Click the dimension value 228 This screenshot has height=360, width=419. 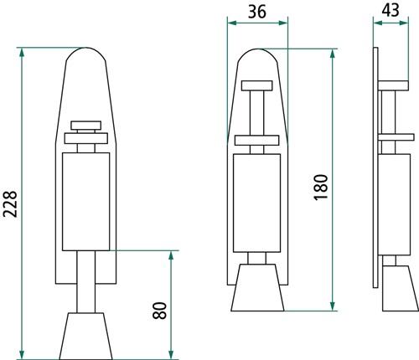pos(10,204)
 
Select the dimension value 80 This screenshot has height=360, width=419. pos(159,311)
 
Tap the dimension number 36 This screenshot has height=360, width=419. pos(257,12)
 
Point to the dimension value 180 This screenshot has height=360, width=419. pos(321,187)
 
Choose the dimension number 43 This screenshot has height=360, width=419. pos(391,11)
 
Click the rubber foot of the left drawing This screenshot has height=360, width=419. pos(85,336)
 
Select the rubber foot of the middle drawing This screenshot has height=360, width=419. pos(257,287)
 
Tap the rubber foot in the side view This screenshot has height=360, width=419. pos(401,288)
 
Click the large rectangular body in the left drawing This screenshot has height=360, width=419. pos(85,202)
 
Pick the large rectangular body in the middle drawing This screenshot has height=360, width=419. pos(256,203)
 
